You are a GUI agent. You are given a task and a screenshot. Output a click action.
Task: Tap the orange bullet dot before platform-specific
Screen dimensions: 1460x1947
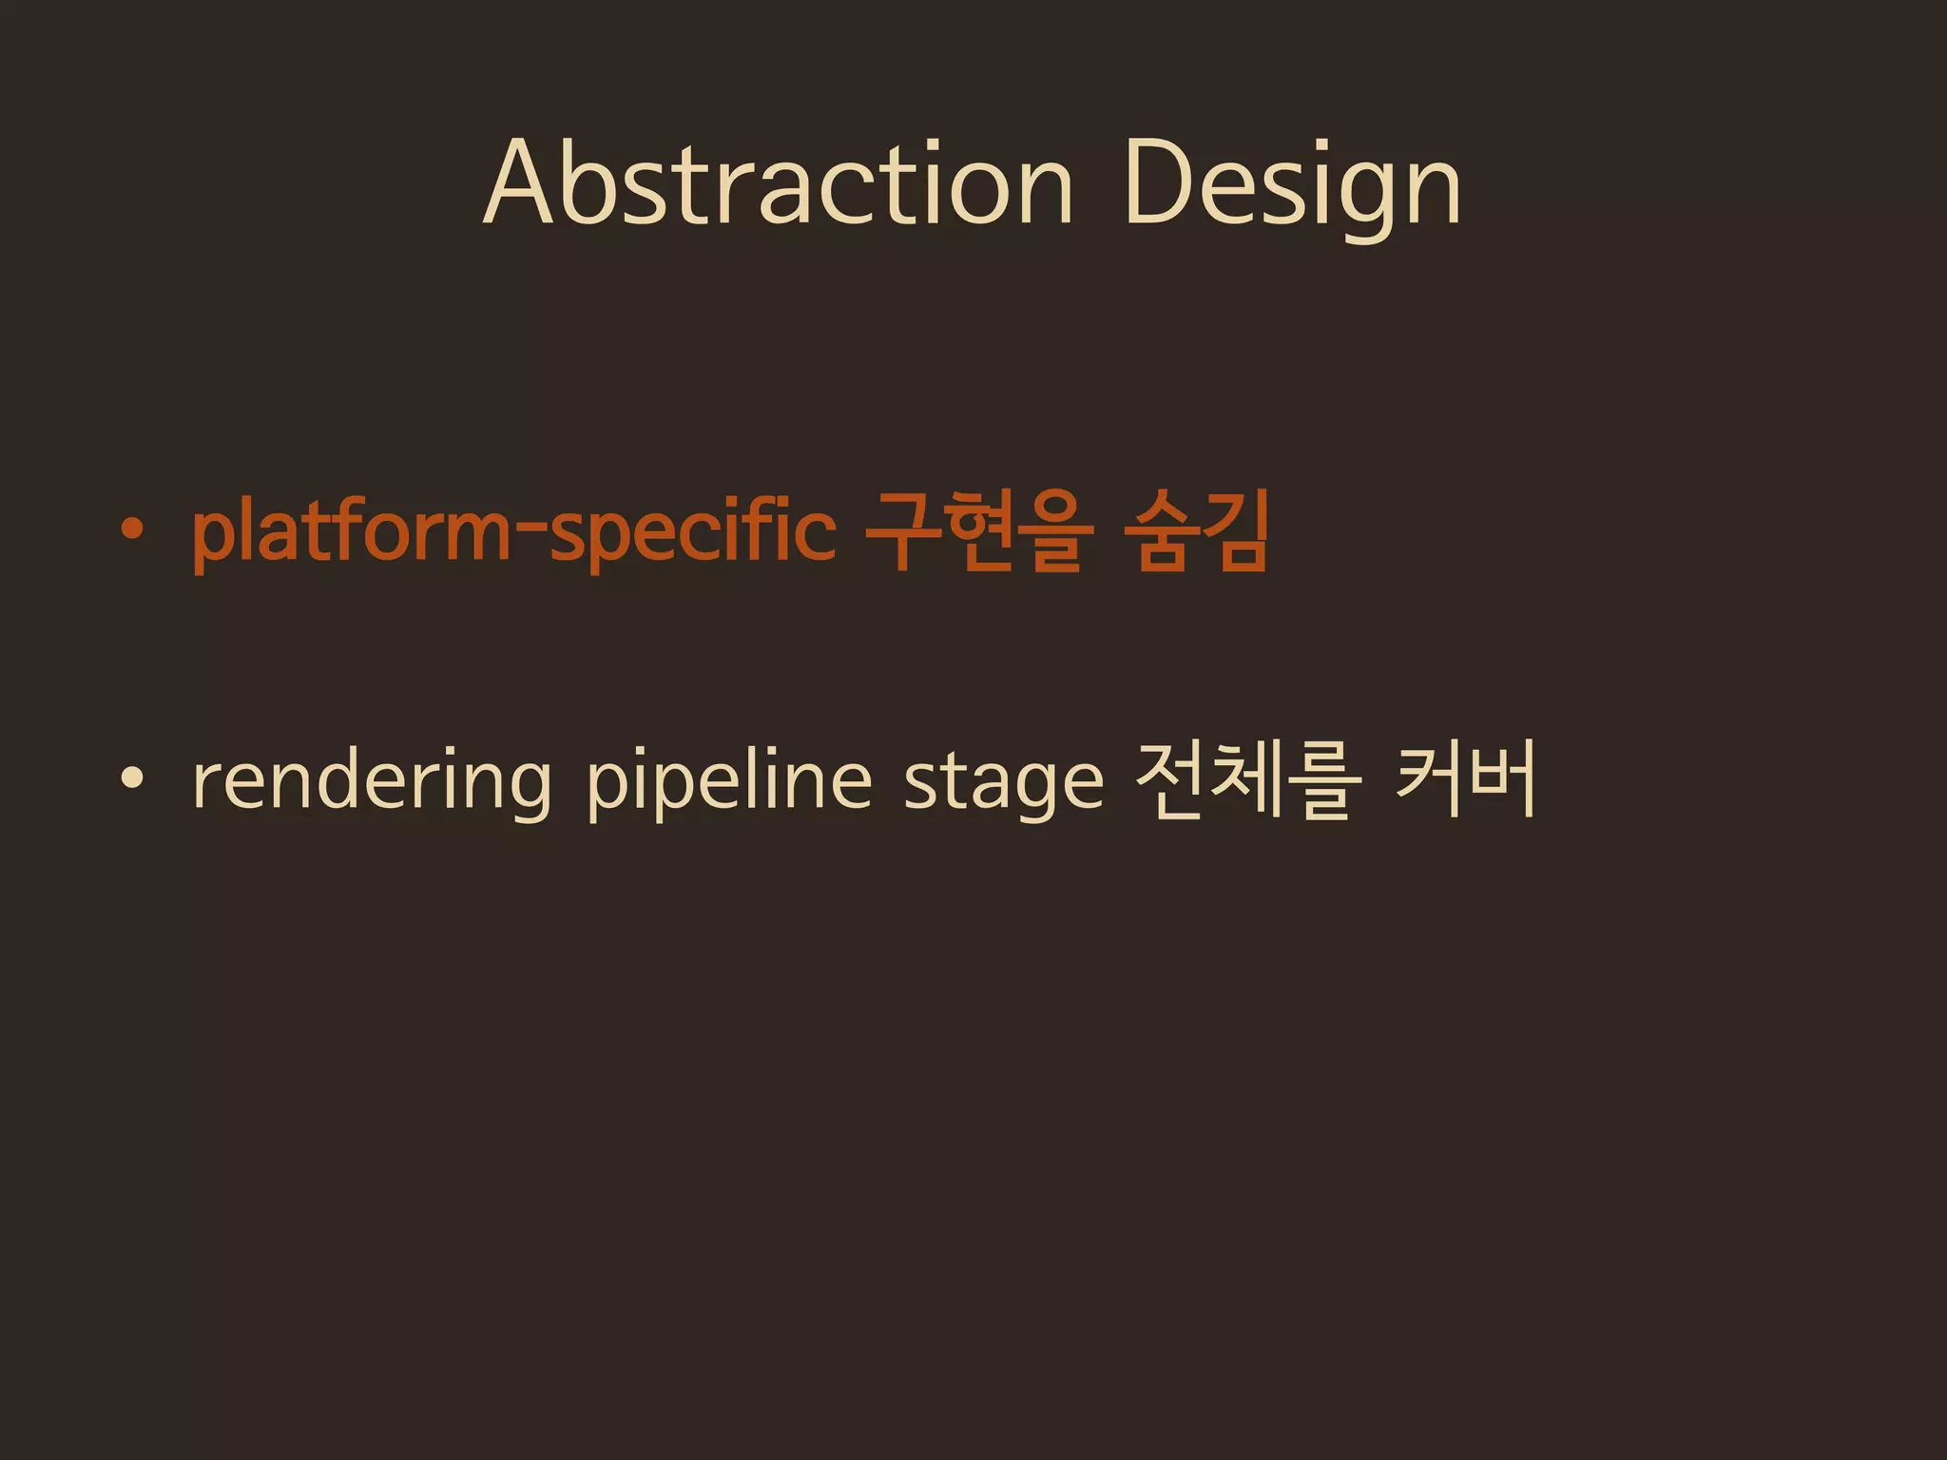(x=133, y=529)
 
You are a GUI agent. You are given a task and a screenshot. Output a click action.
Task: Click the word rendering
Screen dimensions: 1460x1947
(x=372, y=781)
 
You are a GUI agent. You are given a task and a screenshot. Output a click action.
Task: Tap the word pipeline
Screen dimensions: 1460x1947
(x=728, y=781)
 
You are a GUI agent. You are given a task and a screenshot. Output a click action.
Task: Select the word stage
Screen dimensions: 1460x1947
(x=1003, y=781)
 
